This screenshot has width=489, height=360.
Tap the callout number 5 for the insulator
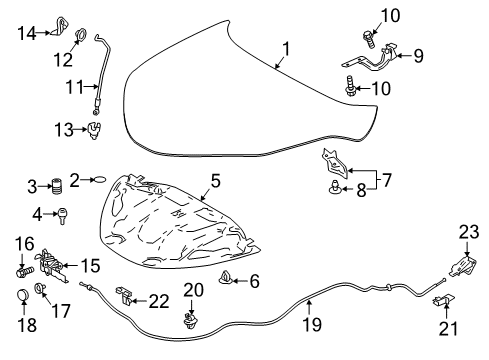point(213,182)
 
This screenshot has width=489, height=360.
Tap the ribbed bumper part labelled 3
point(57,186)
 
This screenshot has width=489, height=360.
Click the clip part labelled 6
point(227,279)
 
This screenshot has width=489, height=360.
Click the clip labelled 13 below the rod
point(95,128)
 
